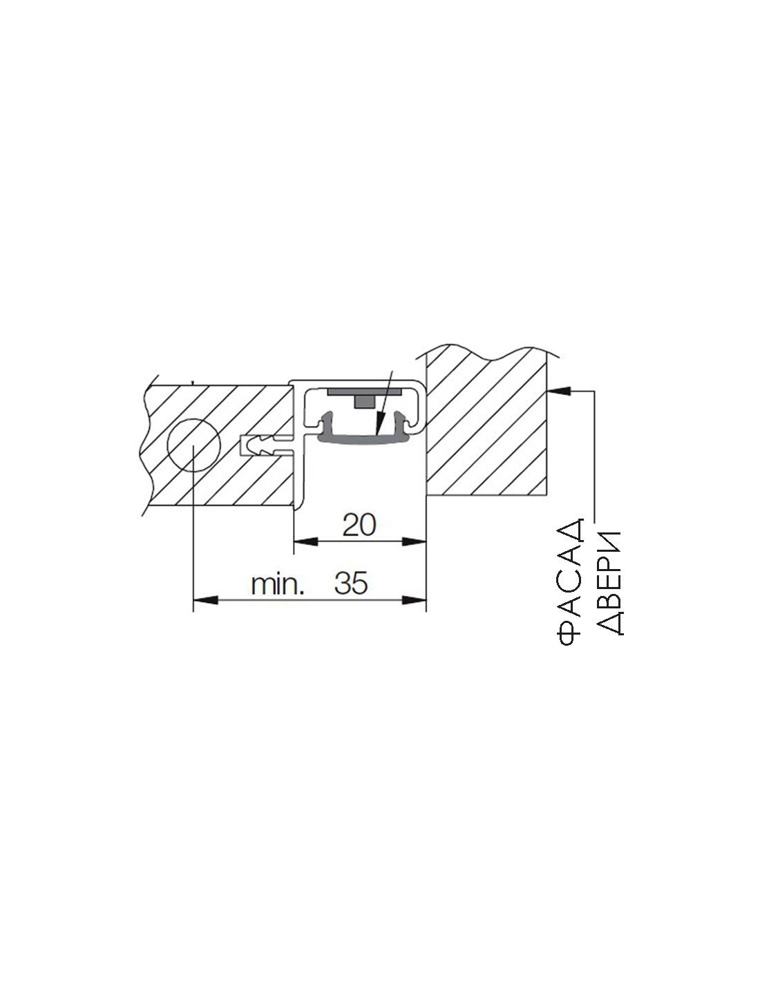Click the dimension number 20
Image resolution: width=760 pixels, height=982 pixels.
click(359, 525)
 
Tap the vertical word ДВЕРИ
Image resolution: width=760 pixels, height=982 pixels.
click(609, 584)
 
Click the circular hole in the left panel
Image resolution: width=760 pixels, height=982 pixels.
click(193, 445)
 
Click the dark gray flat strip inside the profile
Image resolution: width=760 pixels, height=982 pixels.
click(364, 392)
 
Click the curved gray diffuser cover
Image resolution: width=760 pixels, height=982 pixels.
click(364, 439)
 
